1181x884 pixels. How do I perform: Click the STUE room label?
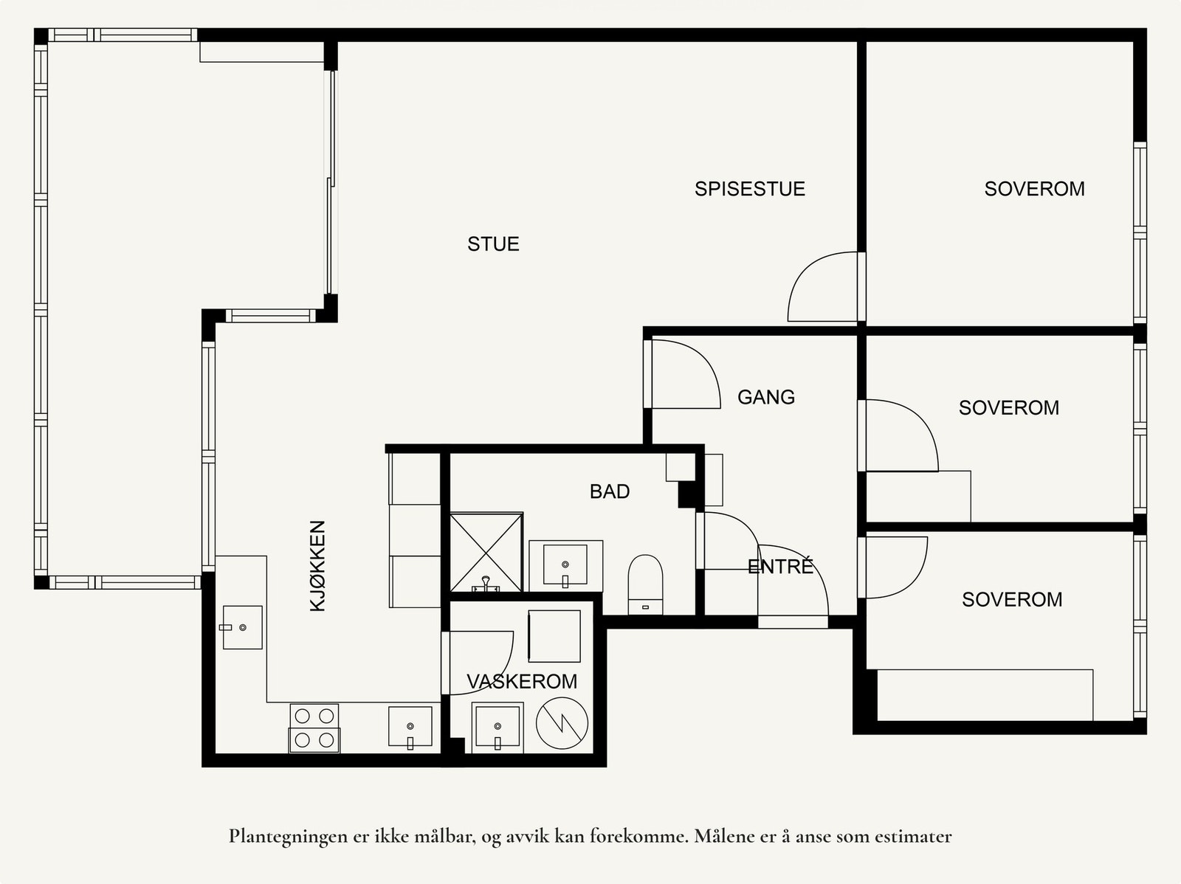tap(493, 244)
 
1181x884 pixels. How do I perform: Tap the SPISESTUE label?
tap(749, 189)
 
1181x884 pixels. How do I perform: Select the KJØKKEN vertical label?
tap(318, 566)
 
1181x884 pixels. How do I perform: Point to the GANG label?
tap(765, 397)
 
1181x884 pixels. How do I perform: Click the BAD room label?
tap(610, 491)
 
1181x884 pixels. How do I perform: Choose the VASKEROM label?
tap(522, 681)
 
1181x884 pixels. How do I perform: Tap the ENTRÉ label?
tap(780, 566)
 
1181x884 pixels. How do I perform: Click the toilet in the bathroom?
tap(645, 584)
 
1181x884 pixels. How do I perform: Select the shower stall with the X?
tap(486, 552)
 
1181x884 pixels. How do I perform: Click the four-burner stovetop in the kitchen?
tap(314, 728)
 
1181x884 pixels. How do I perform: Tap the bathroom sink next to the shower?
tap(565, 565)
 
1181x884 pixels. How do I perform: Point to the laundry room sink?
tap(497, 726)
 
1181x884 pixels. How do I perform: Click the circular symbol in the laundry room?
tap(562, 723)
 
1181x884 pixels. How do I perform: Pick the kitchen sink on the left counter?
tap(243, 627)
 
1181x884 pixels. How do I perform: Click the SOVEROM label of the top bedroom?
tap(1034, 189)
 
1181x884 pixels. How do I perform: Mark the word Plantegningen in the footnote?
tap(286, 837)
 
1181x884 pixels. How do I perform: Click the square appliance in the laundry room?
tap(554, 635)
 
